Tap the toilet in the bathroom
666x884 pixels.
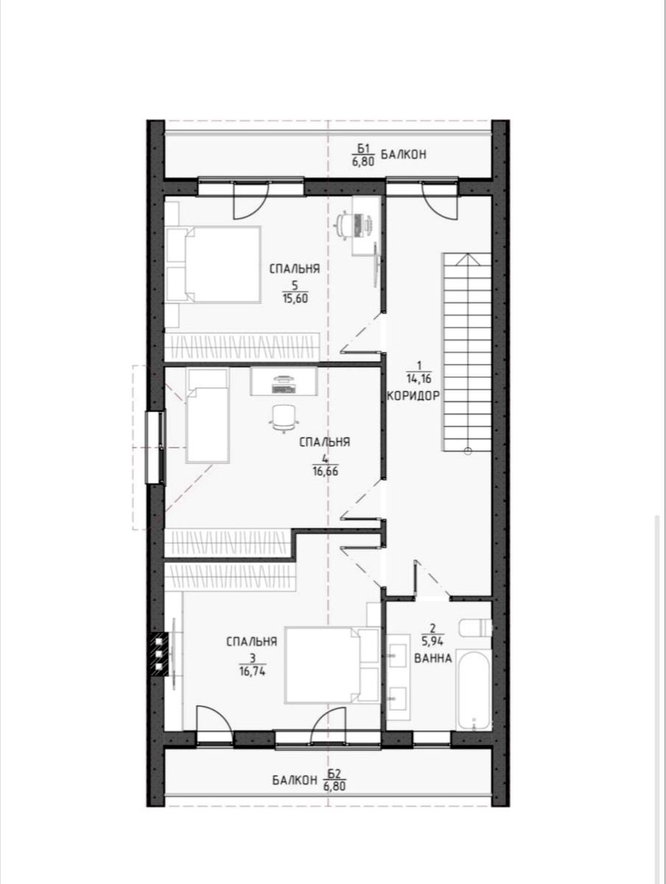474,628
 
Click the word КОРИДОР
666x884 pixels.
413,395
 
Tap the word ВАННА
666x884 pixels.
433,658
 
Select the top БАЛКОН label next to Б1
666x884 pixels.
404,155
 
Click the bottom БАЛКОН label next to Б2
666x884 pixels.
293,780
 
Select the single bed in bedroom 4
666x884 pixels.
206,415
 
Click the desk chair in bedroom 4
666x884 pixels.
285,418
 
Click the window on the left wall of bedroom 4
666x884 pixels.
156,447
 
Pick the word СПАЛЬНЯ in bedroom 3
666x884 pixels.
252,642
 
